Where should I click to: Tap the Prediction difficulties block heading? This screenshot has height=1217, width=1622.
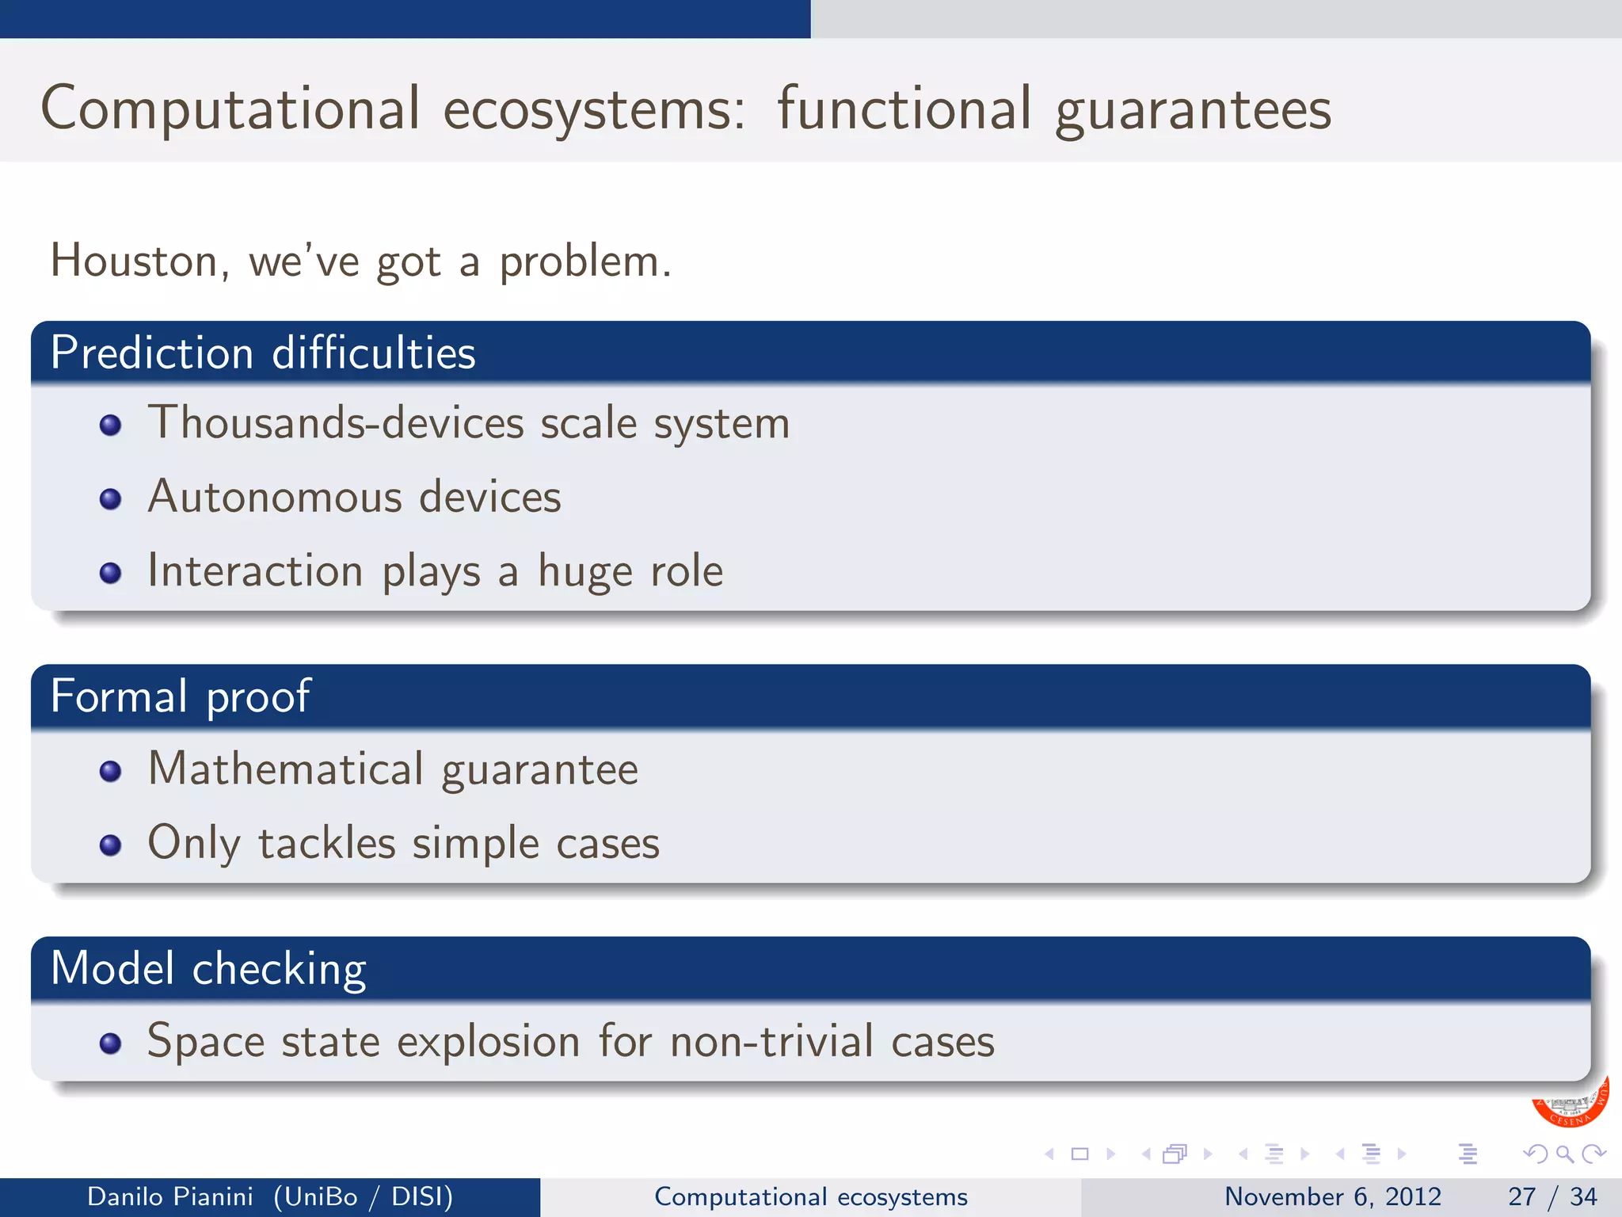[263, 353]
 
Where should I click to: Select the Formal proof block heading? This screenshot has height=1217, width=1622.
[181, 696]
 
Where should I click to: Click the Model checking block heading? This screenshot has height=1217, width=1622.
[208, 969]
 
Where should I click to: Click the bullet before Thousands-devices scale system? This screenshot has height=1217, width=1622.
[111, 425]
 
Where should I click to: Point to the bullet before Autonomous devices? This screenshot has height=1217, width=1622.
[111, 499]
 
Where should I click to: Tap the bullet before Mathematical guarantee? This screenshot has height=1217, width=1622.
[111, 771]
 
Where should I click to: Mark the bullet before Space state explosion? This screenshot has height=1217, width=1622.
[111, 1043]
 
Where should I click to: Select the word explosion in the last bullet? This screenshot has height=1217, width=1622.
[489, 1042]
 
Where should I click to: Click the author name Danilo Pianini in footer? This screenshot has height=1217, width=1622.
[170, 1196]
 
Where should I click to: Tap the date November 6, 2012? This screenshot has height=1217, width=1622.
[1333, 1196]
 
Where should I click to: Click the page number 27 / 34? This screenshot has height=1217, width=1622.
[1552, 1196]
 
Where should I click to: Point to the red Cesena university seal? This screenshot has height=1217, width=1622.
[1570, 1105]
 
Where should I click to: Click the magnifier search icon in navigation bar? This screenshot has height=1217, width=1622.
[1564, 1154]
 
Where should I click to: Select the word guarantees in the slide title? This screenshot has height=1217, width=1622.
[1193, 109]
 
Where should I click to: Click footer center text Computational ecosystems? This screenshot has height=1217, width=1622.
[811, 1196]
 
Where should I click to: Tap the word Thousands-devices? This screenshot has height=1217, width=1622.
[336, 422]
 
